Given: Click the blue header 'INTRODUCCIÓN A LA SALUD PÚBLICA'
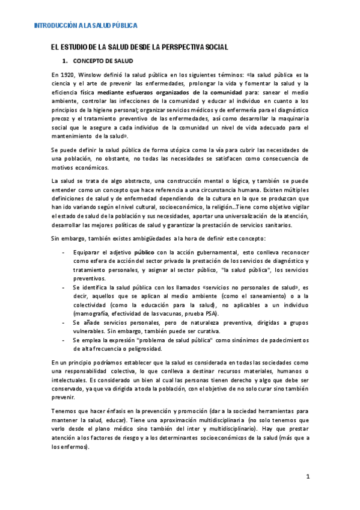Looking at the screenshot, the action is pos(85,26).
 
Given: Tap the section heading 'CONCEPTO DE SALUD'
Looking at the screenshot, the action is pos(103,61).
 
